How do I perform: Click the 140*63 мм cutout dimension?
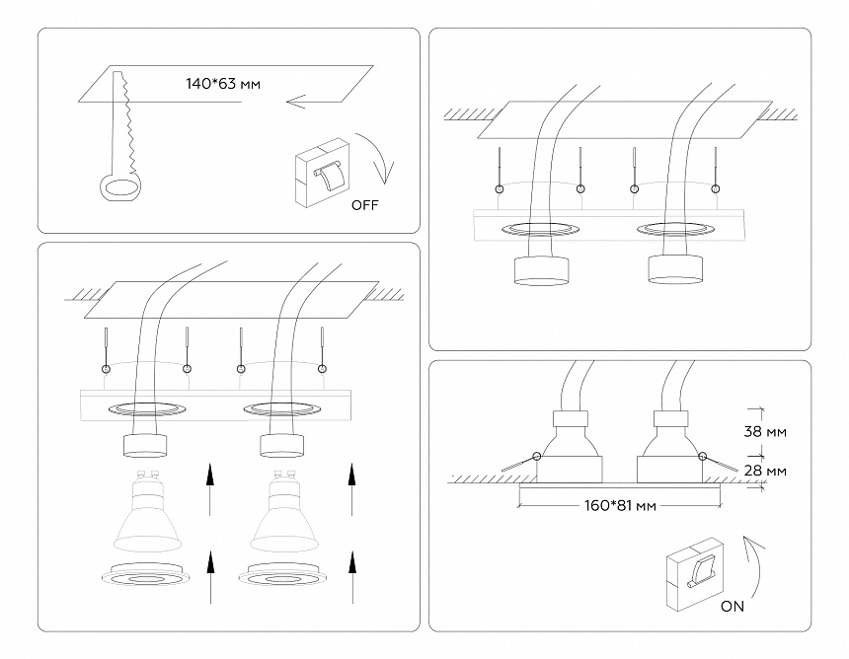[x=223, y=84]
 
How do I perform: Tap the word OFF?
[x=364, y=205]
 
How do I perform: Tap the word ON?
[x=733, y=607]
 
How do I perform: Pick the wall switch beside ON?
[x=698, y=572]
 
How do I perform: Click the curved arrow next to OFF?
[x=381, y=158]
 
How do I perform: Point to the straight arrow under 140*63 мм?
[x=312, y=100]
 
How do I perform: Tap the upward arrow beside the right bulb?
[x=351, y=488]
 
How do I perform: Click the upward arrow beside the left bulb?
[x=209, y=488]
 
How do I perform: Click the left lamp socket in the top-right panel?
[x=540, y=270]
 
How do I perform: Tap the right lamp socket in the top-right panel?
[x=675, y=268]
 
